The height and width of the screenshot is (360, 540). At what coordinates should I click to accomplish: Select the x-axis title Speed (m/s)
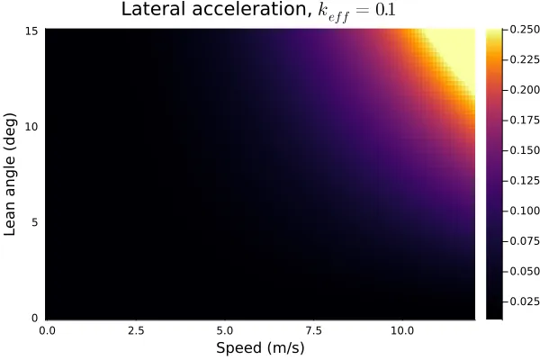point(260,347)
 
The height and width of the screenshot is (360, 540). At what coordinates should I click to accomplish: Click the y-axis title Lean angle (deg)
point(12,174)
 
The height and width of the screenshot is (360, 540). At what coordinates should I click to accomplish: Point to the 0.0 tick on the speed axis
point(47,330)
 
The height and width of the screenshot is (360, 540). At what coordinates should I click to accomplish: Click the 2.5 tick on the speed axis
point(136,330)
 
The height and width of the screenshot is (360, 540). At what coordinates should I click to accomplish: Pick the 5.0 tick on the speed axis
point(225,330)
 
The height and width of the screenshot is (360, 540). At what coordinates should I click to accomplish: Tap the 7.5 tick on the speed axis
point(314,330)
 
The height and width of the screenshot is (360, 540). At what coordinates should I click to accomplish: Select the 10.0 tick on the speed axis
point(402,330)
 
